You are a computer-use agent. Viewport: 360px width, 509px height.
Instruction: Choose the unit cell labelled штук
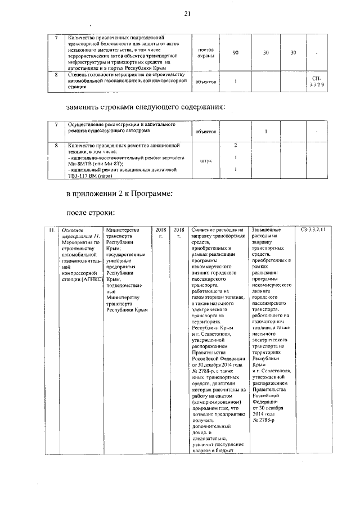point(205,160)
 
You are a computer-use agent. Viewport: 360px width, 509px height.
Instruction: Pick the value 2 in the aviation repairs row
point(235,146)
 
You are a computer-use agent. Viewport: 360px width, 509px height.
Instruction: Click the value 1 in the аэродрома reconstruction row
point(265,132)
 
